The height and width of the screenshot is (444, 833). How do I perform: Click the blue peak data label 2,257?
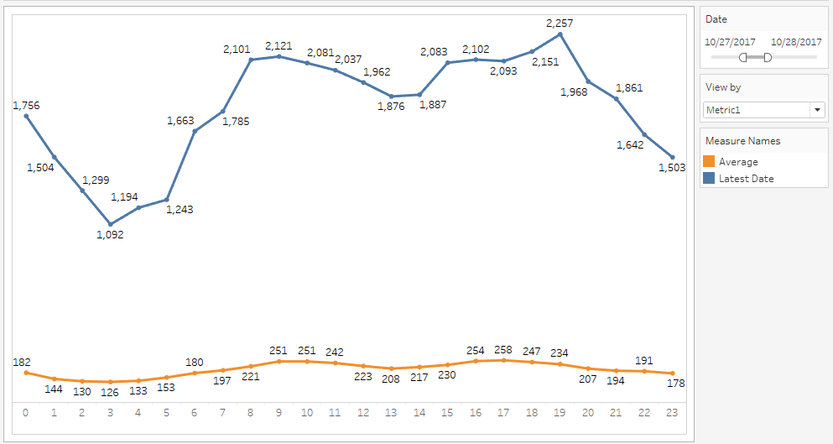(x=560, y=24)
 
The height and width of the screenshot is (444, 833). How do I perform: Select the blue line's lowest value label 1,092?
(x=110, y=235)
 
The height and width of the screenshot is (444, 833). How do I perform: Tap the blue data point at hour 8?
(x=251, y=60)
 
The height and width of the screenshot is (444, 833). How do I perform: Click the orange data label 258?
(x=502, y=349)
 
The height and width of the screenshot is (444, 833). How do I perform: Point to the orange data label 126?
(x=110, y=391)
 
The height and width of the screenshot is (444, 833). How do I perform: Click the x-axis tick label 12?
(x=362, y=412)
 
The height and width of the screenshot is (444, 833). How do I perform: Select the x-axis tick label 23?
(x=672, y=412)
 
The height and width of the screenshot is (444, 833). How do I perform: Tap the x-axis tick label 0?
(x=26, y=412)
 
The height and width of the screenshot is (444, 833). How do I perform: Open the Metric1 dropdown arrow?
(x=817, y=110)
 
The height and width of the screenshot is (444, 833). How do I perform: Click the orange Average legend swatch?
(x=709, y=162)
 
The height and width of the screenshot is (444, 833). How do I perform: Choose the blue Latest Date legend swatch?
(x=709, y=178)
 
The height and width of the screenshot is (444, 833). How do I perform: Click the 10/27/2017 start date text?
(x=730, y=41)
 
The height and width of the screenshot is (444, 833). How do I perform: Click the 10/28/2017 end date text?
(x=796, y=41)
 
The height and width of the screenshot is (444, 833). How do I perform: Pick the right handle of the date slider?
(x=767, y=57)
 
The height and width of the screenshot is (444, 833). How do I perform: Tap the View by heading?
(x=723, y=87)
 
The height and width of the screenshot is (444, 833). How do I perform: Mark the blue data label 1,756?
(x=26, y=106)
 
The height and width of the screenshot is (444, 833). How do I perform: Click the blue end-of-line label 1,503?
(x=672, y=167)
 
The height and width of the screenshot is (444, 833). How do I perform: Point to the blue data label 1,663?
(x=181, y=121)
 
